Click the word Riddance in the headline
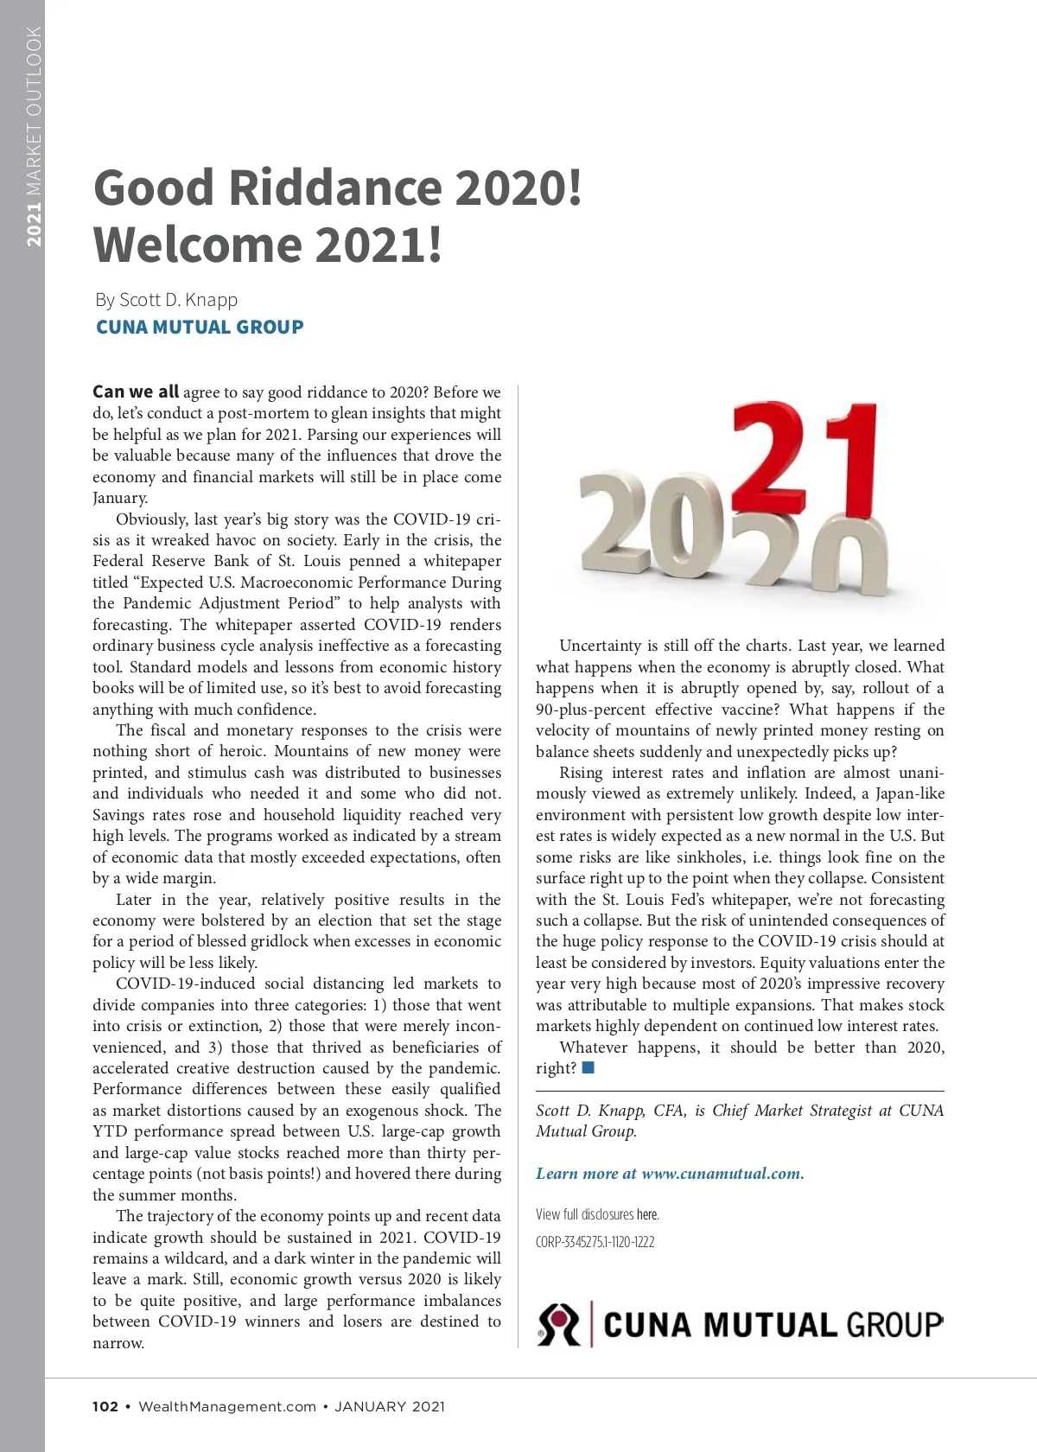click(x=335, y=188)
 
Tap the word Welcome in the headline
click(x=197, y=245)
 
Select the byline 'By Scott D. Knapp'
click(x=167, y=300)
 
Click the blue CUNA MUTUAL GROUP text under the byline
click(x=200, y=328)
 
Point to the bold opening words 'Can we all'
click(x=136, y=392)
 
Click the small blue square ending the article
click(x=588, y=1068)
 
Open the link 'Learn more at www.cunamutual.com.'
click(x=670, y=1174)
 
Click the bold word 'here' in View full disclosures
click(x=647, y=1214)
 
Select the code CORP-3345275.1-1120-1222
click(x=595, y=1242)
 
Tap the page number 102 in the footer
click(x=105, y=1406)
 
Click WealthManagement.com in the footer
click(x=227, y=1406)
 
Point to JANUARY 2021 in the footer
click(x=390, y=1406)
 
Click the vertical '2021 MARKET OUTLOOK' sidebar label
click(x=34, y=137)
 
